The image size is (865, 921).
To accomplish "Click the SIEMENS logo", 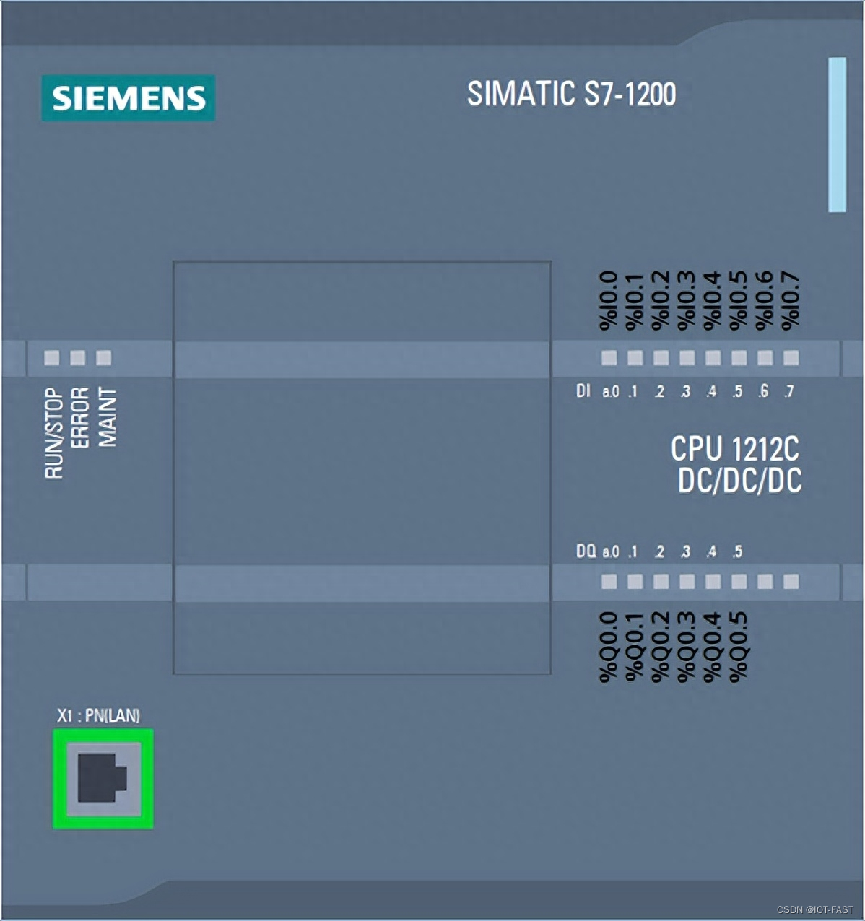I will coord(128,98).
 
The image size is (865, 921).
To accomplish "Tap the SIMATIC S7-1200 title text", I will coord(571,94).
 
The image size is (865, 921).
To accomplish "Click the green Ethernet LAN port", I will coord(103,778).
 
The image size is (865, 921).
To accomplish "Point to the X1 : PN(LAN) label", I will coord(98,715).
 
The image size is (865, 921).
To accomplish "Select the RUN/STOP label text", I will coord(54,432).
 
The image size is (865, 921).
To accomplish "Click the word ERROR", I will coord(80,417).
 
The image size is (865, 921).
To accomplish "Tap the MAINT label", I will coord(107,417).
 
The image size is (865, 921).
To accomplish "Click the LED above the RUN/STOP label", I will coord(52,357).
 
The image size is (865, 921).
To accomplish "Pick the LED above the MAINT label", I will coord(104,357).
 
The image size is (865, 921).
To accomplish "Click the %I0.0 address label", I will coord(609,300).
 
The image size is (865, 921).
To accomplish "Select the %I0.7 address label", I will coord(791,300).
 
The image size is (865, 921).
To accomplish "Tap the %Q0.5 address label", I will coord(739,646).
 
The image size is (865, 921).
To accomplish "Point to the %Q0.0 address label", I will coord(609,646).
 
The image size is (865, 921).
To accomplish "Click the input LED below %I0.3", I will coord(687,357).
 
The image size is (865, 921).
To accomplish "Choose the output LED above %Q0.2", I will coord(661,581).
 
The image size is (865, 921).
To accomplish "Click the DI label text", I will coord(583,391).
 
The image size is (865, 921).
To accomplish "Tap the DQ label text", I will coord(586,551).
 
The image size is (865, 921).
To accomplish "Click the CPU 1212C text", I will coord(734,449).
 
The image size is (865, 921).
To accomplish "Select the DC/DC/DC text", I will coord(739,481).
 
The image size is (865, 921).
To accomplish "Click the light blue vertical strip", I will coord(837,135).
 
